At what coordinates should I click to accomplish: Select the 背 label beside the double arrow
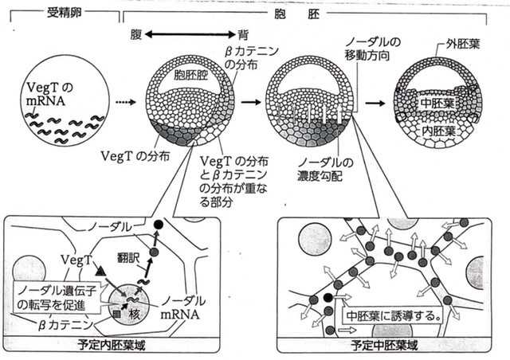(243, 34)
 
